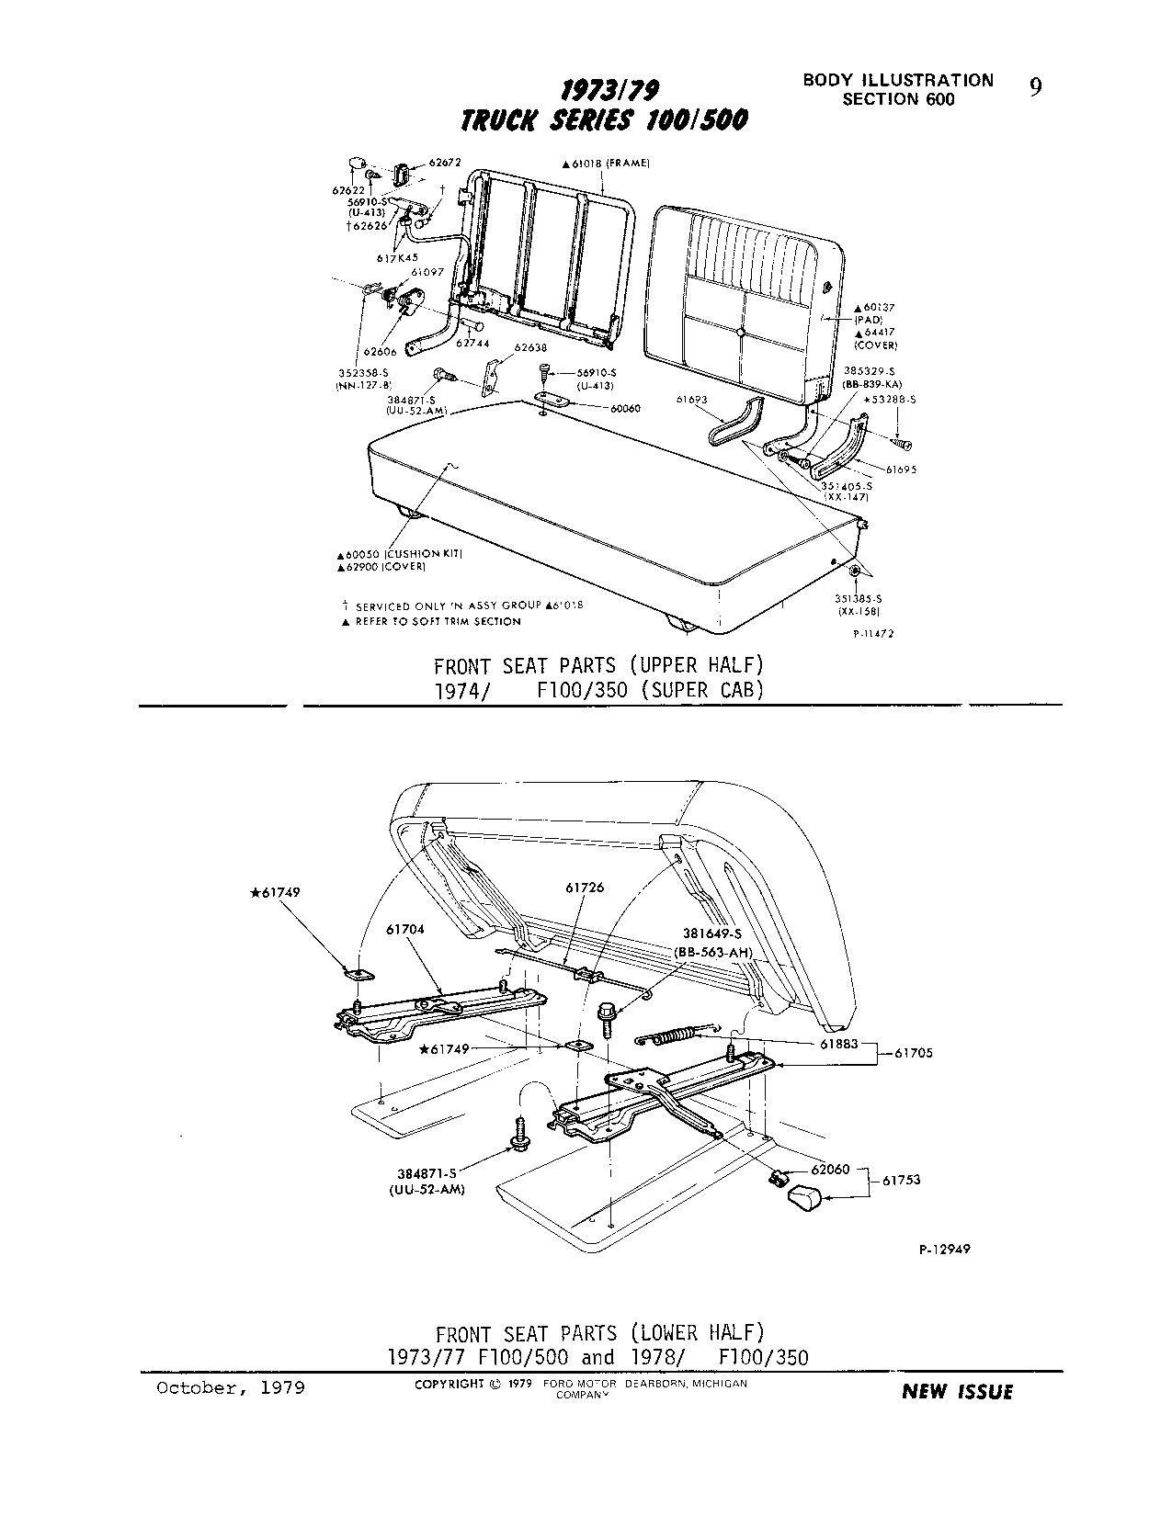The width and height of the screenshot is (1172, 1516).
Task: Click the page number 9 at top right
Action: click(x=1036, y=87)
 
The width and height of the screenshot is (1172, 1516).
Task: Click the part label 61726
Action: click(x=586, y=888)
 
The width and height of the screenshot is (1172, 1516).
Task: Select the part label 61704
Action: click(x=405, y=930)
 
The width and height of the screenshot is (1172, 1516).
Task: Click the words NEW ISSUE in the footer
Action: click(x=957, y=1392)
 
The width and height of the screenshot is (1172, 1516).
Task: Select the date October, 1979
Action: click(x=231, y=1387)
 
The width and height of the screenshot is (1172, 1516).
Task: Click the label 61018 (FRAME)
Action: click(x=607, y=163)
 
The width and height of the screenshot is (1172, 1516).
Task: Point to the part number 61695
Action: click(x=901, y=470)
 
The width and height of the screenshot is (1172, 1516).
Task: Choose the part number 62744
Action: click(x=472, y=344)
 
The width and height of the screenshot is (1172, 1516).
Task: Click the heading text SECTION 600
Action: click(x=898, y=99)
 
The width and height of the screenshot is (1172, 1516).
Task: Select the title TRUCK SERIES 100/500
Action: click(x=604, y=120)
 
